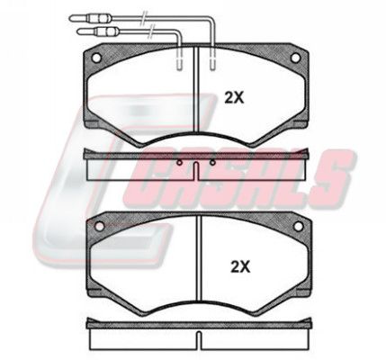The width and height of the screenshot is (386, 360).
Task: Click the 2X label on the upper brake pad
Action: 235,98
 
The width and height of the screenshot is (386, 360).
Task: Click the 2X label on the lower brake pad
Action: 240,266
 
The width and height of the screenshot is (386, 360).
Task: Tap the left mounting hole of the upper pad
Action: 96,58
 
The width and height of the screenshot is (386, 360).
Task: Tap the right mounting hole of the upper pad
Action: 295,58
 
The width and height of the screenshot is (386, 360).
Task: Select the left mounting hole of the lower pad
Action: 99,226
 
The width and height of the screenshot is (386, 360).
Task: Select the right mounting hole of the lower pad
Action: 299,227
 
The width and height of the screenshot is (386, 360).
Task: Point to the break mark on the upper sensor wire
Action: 145,17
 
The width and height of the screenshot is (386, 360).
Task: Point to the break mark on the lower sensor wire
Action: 152,31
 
